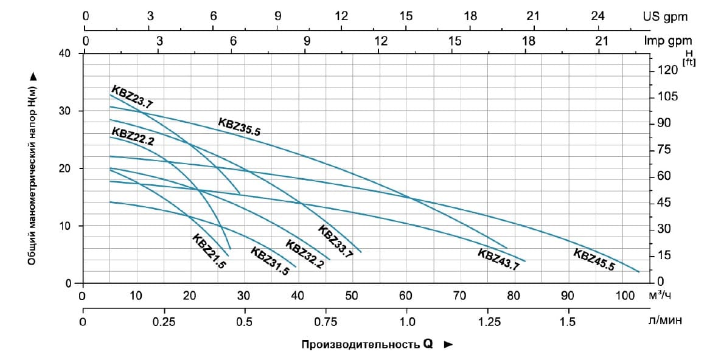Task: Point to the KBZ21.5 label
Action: [x=209, y=251]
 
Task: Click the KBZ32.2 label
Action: [x=304, y=255]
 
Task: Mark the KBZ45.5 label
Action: [x=594, y=259]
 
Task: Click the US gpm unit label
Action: [x=666, y=17]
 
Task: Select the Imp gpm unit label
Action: [x=666, y=41]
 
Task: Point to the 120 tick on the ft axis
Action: [x=667, y=71]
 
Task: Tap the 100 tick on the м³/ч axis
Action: [x=624, y=296]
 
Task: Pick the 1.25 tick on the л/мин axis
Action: [x=487, y=321]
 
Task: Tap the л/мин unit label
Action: [x=665, y=321]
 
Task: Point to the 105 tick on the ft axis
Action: [x=667, y=97]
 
